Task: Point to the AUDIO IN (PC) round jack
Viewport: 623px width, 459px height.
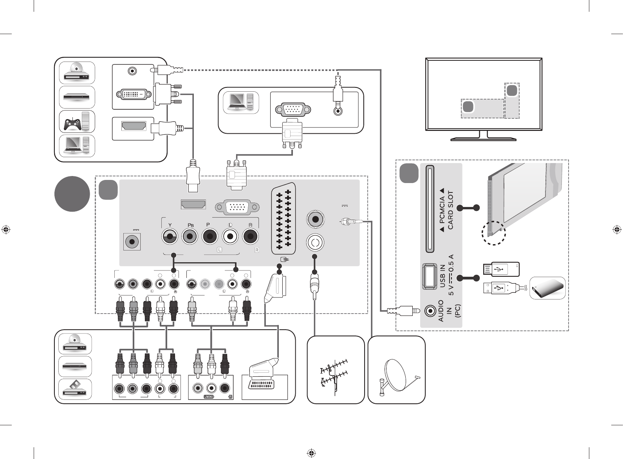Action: coord(431,311)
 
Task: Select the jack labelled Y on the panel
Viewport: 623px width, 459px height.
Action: coord(170,237)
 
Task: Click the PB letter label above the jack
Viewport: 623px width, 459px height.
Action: coord(190,225)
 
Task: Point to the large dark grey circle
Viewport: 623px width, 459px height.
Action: coord(72,194)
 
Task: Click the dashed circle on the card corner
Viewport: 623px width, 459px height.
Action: coord(493,233)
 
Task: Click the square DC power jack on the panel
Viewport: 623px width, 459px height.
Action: coord(132,241)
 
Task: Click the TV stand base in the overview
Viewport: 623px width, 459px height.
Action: coord(483,138)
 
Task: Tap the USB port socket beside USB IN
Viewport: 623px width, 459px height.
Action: coord(430,276)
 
